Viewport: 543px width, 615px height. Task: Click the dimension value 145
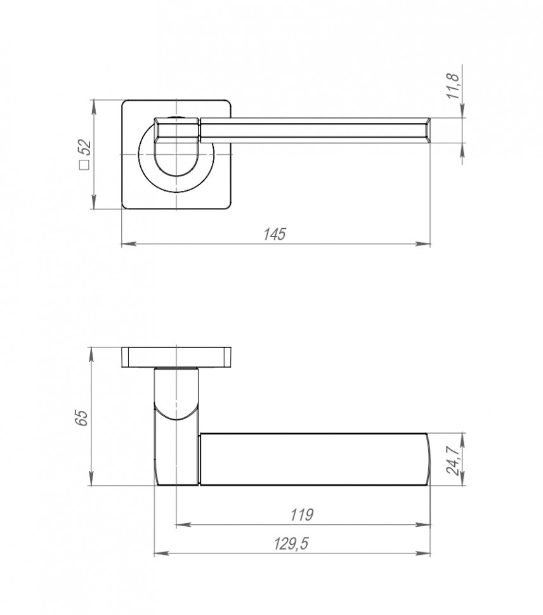tap(275, 233)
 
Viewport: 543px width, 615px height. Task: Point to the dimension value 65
tap(81, 418)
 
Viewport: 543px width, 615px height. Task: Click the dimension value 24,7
tap(454, 460)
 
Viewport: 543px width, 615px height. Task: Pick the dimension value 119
tap(302, 515)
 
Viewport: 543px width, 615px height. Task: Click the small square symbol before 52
tap(83, 165)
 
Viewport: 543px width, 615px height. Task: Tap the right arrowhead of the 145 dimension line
tap(424, 243)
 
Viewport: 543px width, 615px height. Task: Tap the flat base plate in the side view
tap(176, 357)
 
